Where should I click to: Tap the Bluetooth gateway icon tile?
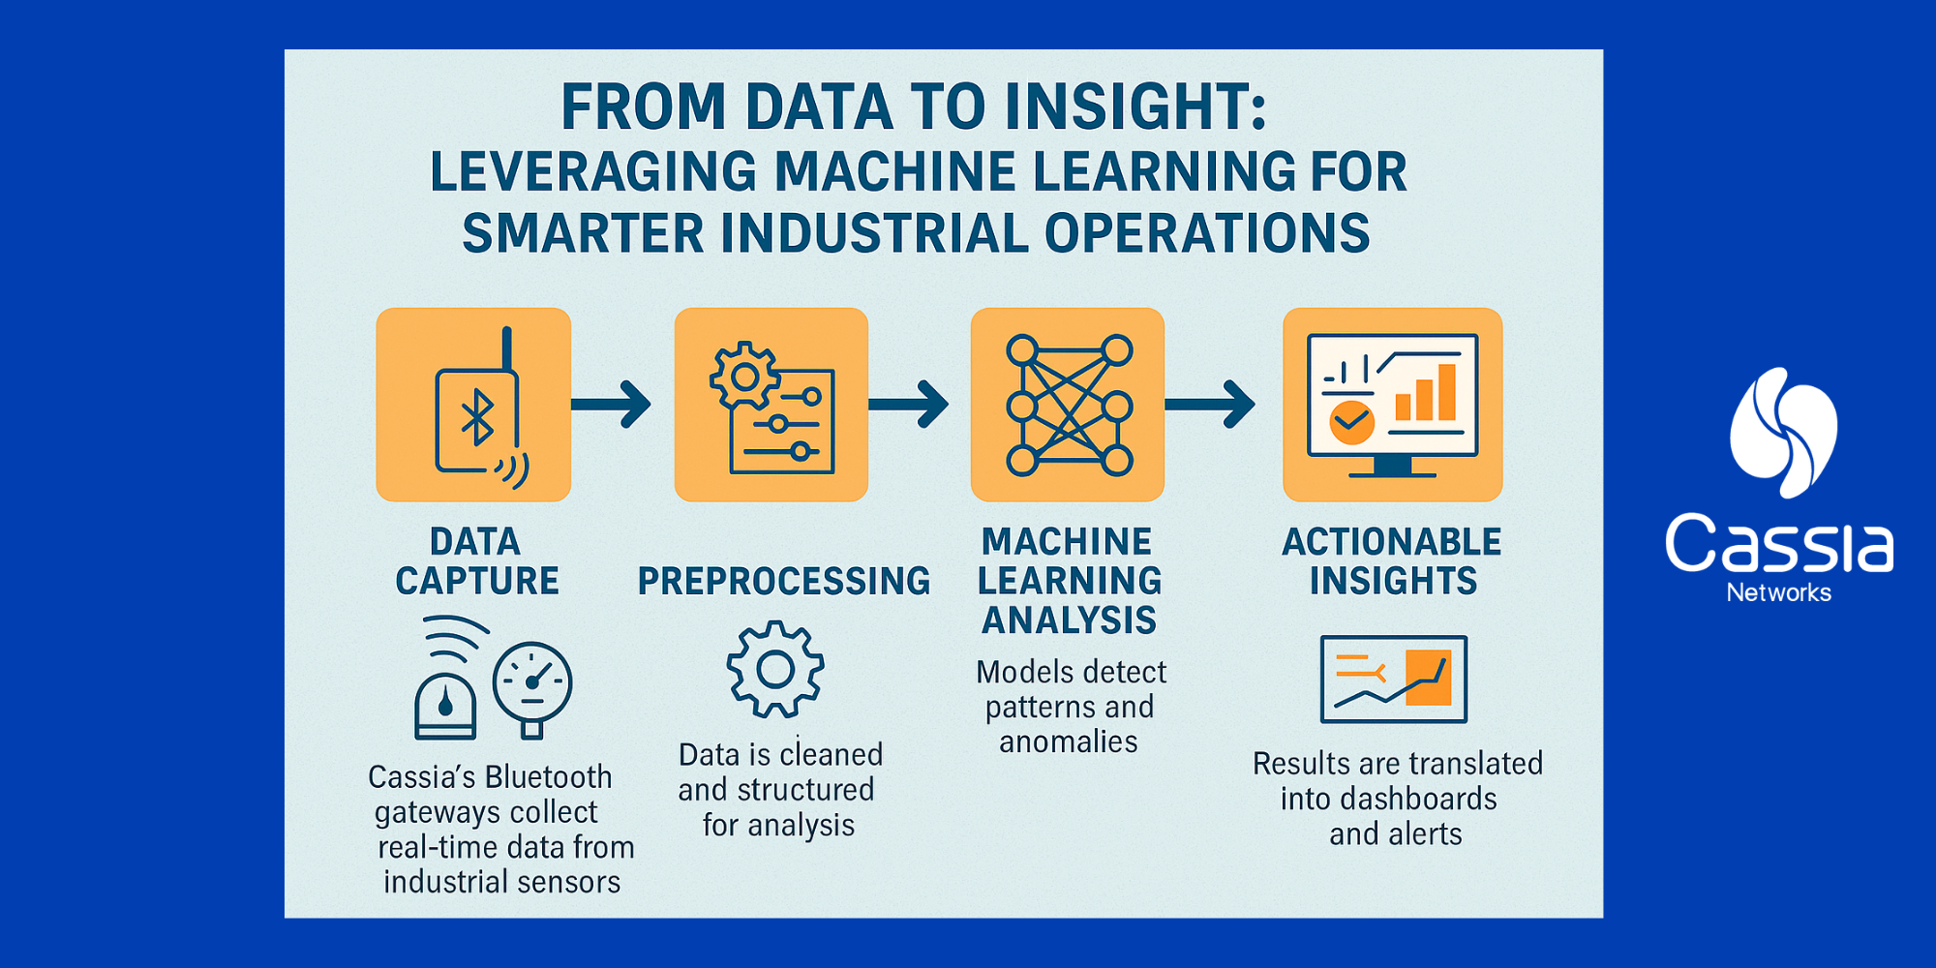tap(473, 405)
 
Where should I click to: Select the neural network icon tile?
tap(1068, 405)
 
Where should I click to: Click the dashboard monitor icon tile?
tap(1392, 405)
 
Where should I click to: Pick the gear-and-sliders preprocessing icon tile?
tap(771, 405)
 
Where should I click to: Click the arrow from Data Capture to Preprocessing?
tap(612, 404)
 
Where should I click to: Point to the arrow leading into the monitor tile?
tap(1211, 404)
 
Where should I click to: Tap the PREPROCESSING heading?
tap(783, 581)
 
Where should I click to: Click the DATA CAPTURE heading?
tap(476, 561)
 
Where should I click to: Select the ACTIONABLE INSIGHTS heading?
tap(1392, 561)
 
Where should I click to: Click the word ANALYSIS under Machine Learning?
tap(1069, 620)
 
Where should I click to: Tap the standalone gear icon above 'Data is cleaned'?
tap(775, 670)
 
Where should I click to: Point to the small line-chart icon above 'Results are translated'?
tap(1394, 679)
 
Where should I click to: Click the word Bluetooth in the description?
tap(549, 777)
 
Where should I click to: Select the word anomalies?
tap(1069, 742)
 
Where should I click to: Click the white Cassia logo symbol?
tap(1783, 433)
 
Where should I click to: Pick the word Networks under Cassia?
tap(1779, 592)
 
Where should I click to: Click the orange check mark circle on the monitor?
tap(1351, 421)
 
